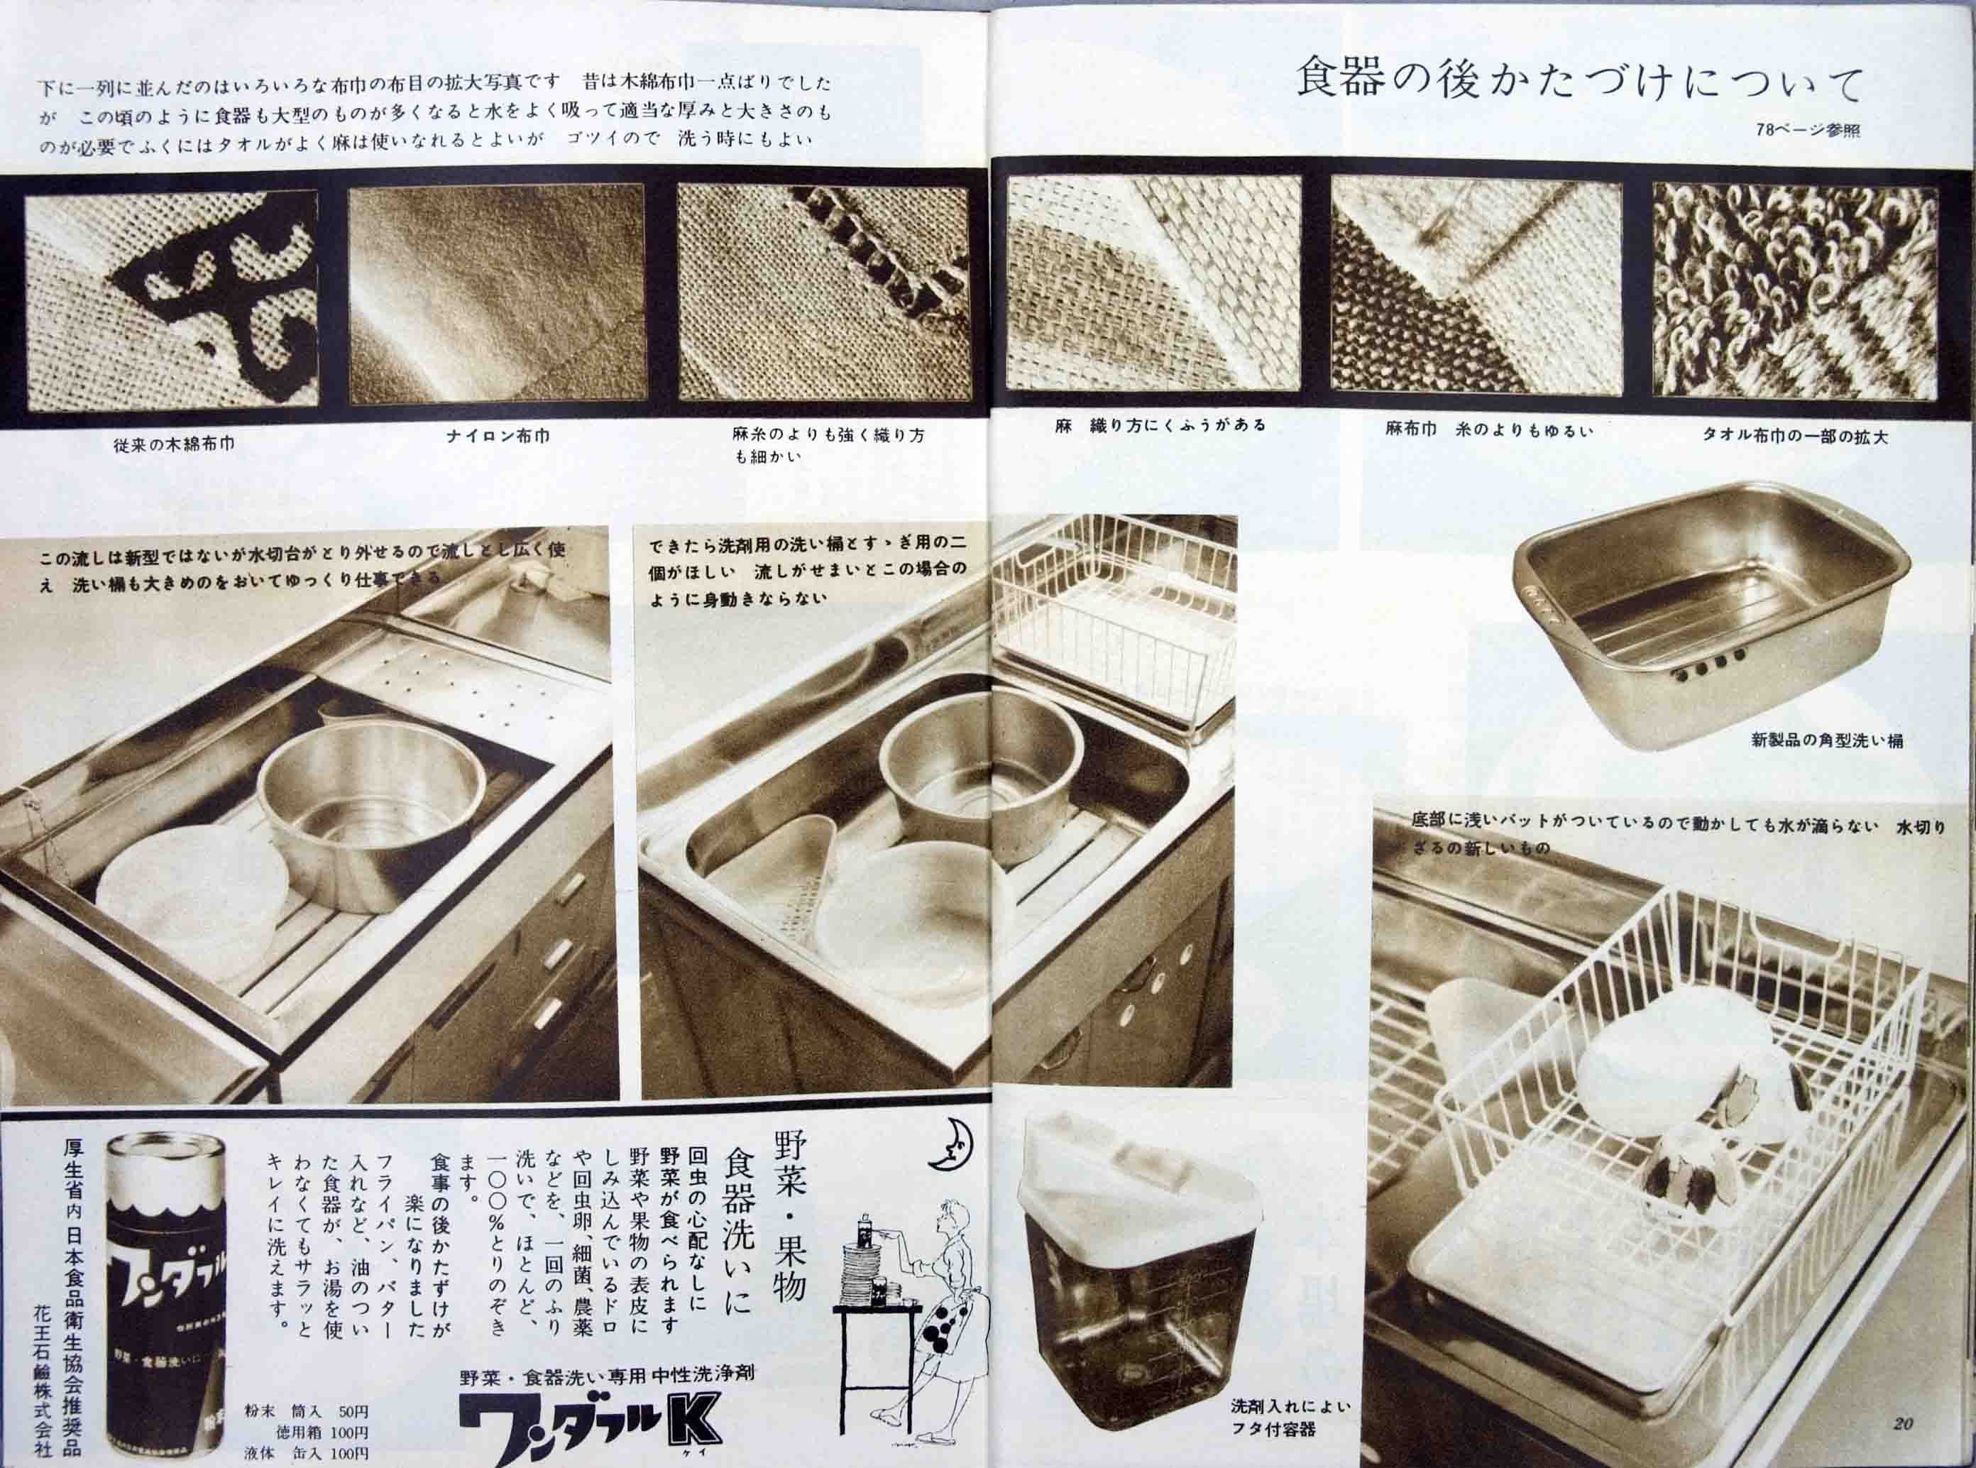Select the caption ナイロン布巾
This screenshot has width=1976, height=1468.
[x=498, y=437]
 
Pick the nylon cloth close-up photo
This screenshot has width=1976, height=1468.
[x=496, y=293]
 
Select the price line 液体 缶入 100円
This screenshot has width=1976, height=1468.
[x=307, y=1454]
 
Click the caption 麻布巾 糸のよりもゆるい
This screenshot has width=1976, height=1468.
[x=1489, y=430]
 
